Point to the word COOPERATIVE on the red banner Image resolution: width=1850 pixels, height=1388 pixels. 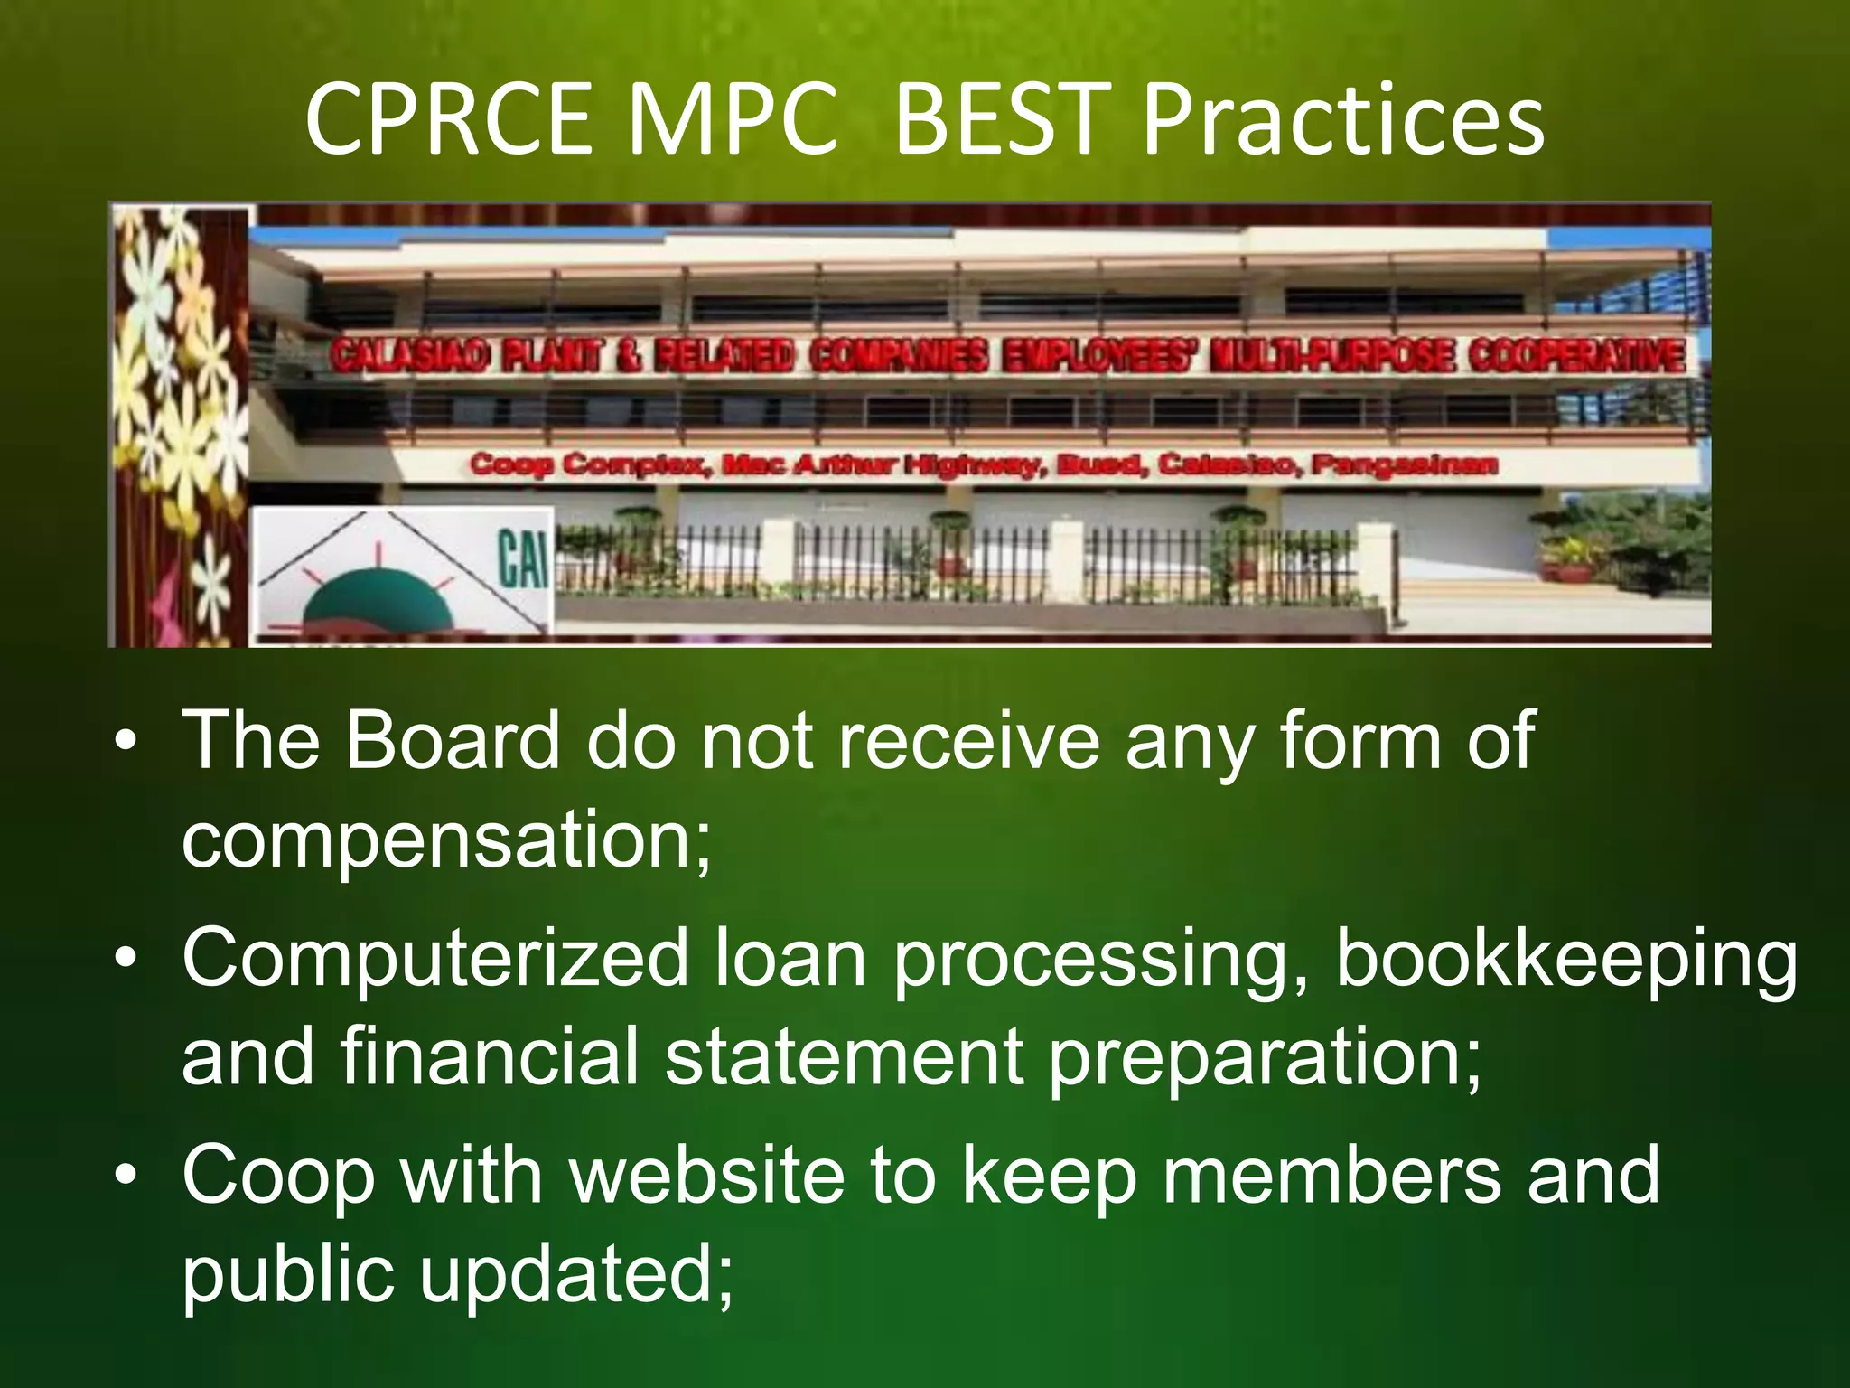1576,355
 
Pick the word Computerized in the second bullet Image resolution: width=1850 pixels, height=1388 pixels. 435,958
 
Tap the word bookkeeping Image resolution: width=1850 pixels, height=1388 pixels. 1565,958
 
